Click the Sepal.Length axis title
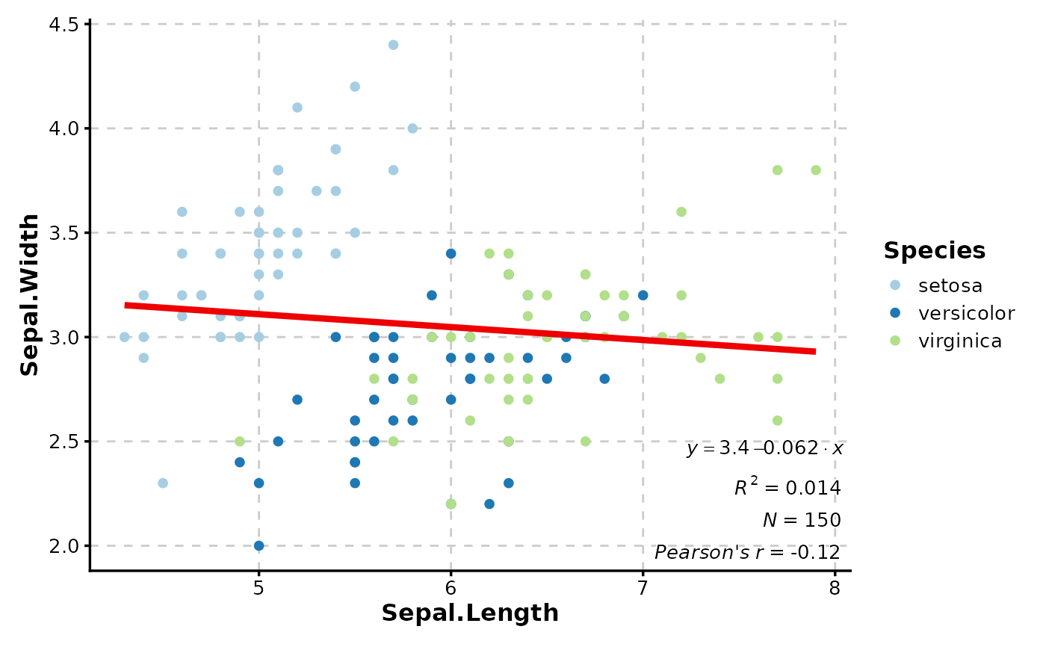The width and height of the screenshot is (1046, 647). coord(470,613)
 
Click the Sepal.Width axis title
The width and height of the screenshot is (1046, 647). coord(30,295)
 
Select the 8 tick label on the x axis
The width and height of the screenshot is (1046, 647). coord(835,588)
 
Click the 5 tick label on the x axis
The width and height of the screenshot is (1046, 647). coord(259,588)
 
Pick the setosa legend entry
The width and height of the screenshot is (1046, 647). coord(950,285)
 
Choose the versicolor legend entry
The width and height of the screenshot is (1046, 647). coord(966,313)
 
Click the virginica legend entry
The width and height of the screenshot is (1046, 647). coord(959,341)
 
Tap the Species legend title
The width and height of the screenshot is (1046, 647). coord(934,251)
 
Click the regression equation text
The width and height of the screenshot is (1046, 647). coord(764,448)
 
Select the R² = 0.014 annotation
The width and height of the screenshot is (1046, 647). coord(787,488)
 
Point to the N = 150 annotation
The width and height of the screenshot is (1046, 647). coord(802,520)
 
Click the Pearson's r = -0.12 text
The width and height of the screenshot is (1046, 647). coord(747,553)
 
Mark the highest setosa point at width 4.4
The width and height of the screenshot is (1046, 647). coord(393,45)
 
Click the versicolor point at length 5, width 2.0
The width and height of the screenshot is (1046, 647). coord(259,545)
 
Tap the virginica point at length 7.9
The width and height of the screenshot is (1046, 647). coord(815,170)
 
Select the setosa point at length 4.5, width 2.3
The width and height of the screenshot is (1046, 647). coord(163,483)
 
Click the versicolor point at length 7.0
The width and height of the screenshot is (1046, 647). coord(643,295)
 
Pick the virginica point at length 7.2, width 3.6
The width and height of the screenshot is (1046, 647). coord(681,212)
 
